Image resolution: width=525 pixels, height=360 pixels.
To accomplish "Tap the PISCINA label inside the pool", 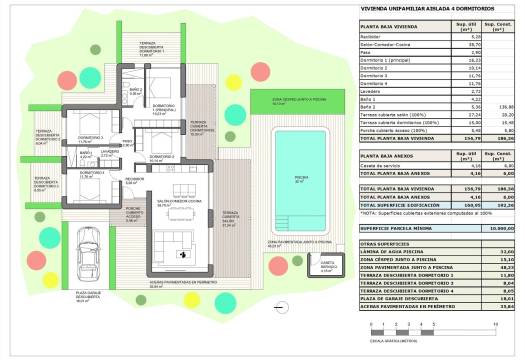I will coord(301,179).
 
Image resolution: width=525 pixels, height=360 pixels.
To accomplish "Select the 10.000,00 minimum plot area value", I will coord(495,228).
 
